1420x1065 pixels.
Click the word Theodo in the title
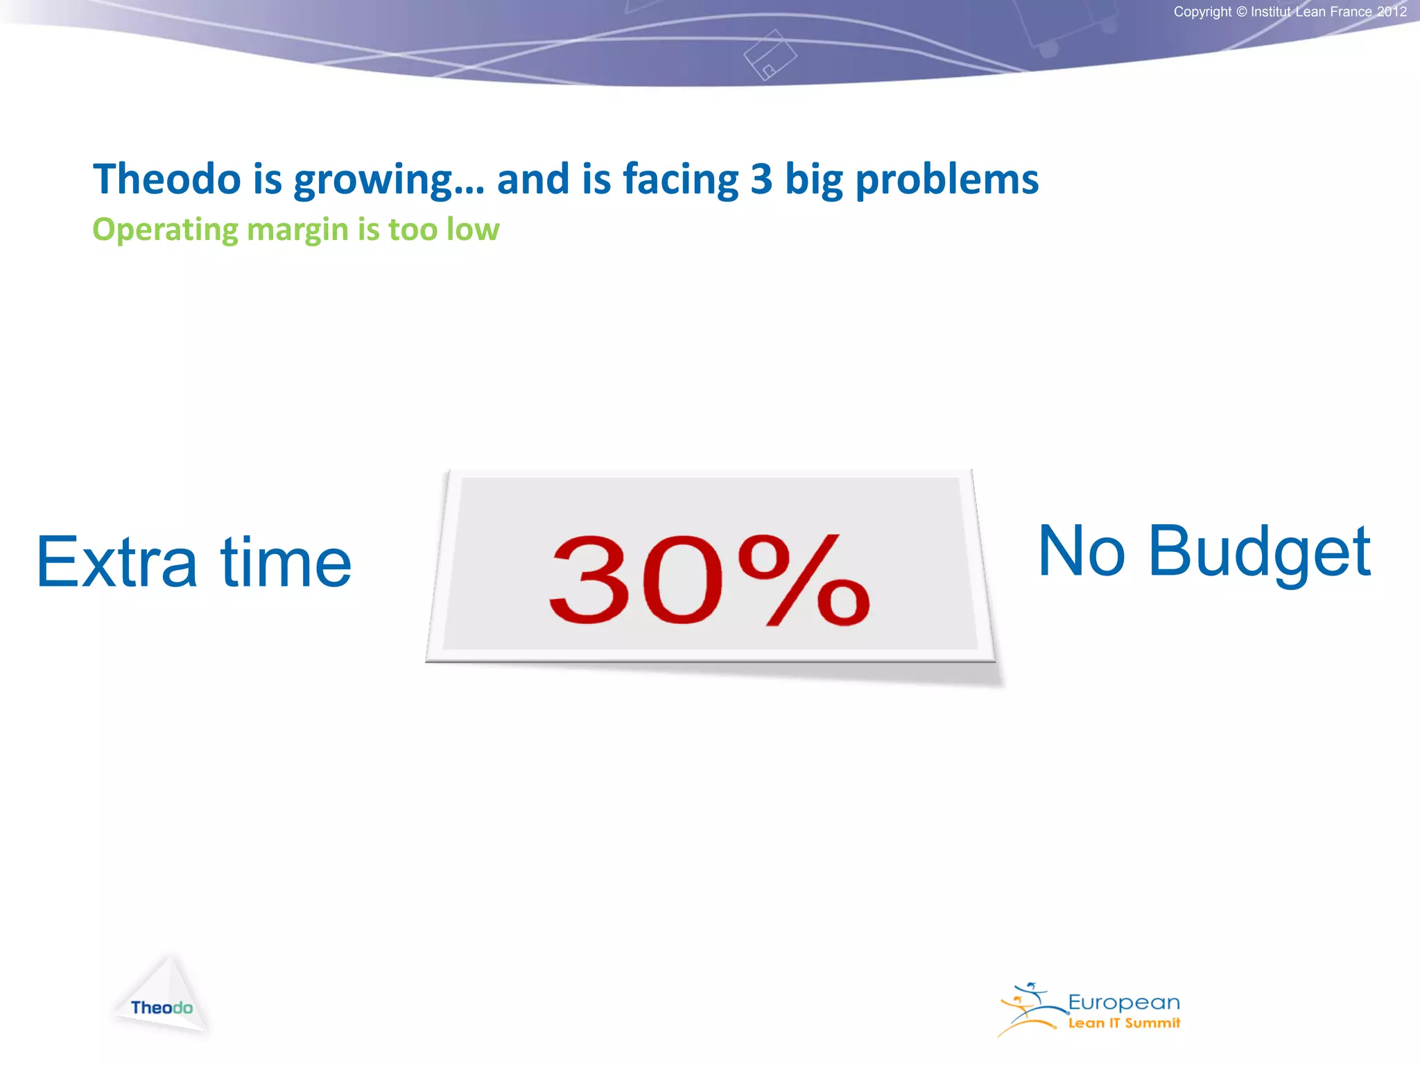click(166, 179)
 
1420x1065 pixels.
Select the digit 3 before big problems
click(761, 179)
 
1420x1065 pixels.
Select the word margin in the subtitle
click(297, 230)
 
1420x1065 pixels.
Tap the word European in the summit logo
click(1123, 1003)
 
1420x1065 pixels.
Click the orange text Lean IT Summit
click(1123, 1023)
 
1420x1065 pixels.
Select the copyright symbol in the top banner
click(1241, 12)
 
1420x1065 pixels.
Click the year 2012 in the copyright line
click(1392, 12)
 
